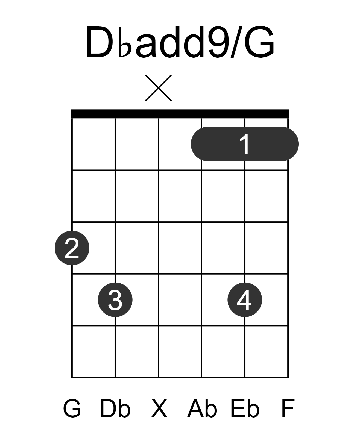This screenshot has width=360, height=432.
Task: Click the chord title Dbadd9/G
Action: click(180, 41)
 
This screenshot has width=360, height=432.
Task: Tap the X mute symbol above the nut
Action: click(158, 88)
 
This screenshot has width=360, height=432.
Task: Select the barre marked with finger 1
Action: click(245, 144)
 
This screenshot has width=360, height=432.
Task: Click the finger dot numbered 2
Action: click(72, 248)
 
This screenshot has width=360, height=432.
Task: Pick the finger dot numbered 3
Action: click(115, 299)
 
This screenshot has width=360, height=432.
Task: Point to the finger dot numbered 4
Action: click(245, 299)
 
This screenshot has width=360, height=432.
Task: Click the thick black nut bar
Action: click(180, 114)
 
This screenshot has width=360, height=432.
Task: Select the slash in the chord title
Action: click(236, 41)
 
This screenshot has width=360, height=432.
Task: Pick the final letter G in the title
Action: click(260, 41)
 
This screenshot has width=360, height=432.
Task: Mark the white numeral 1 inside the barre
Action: click(245, 144)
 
